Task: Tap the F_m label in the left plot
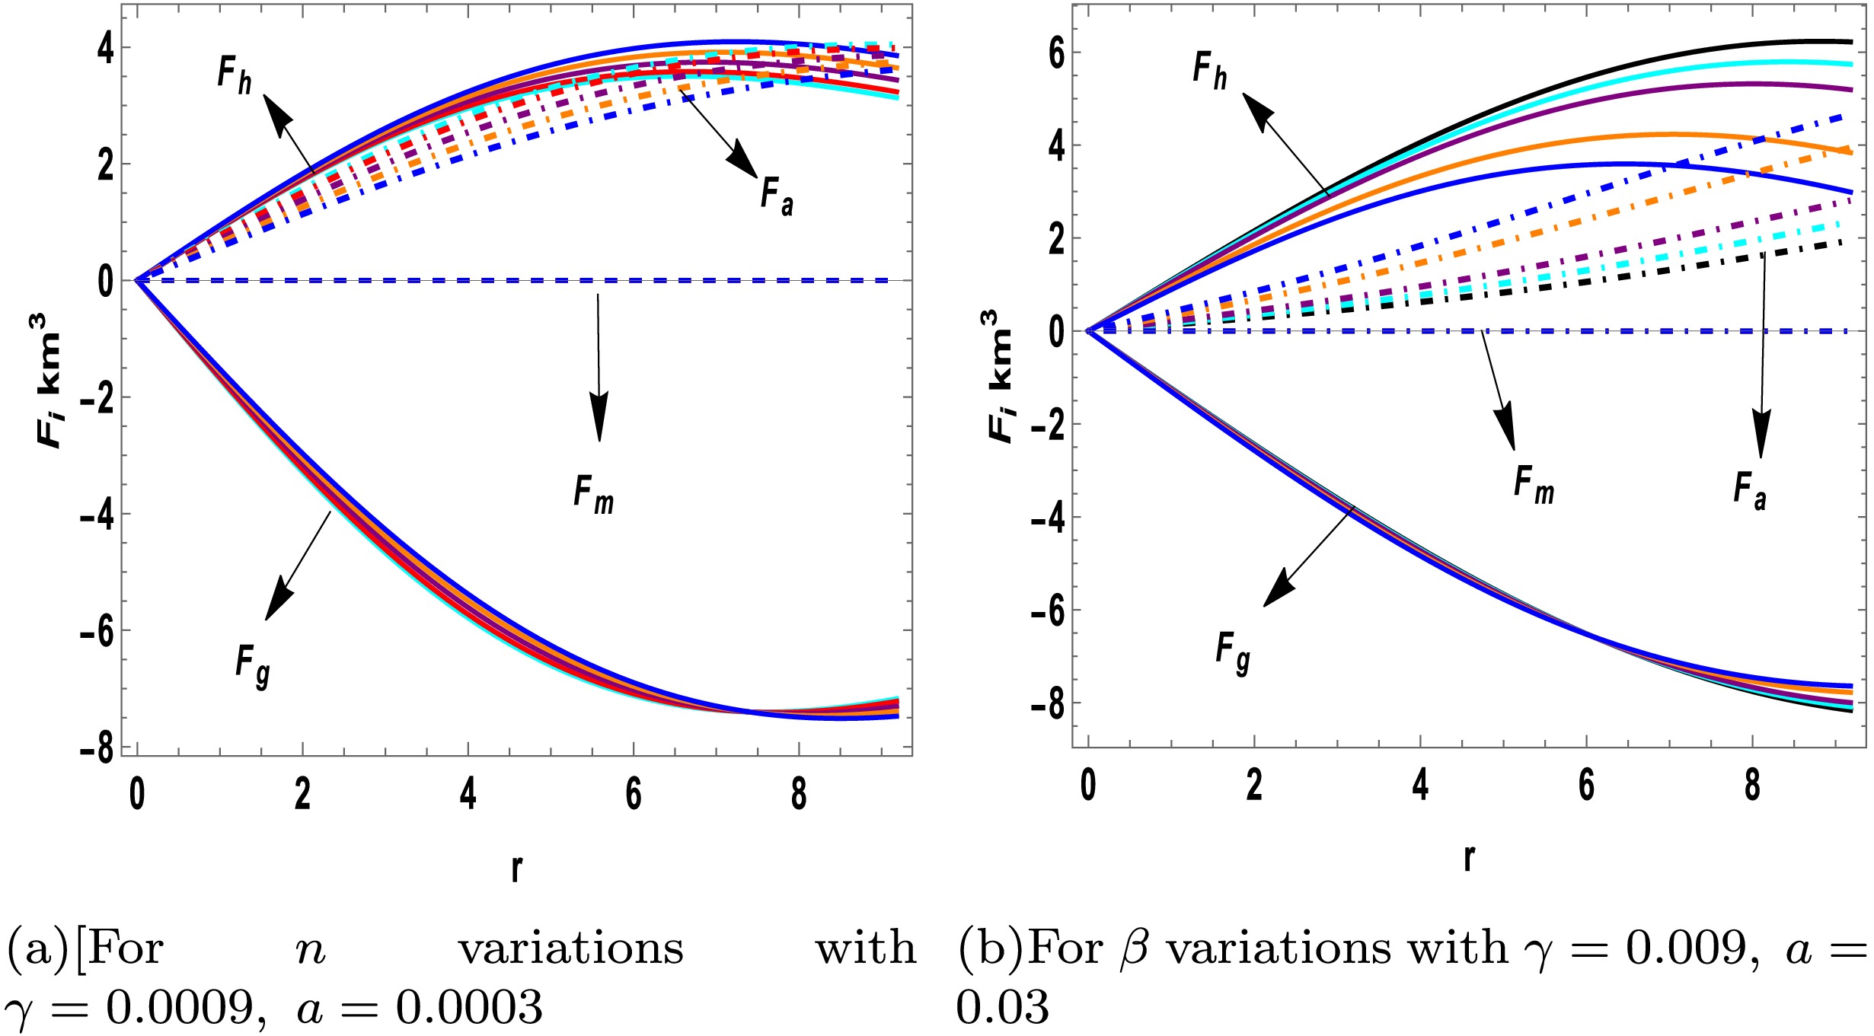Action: point(593,495)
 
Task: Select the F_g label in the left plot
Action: point(252,665)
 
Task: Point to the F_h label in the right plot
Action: point(1209,71)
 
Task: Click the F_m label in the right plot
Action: point(1534,485)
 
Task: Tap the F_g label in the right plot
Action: point(1232,652)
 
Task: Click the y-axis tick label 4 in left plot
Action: point(106,48)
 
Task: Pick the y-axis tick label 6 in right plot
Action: point(1056,53)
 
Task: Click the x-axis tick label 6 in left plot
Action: point(634,794)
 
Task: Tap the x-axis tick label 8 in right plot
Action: point(1752,785)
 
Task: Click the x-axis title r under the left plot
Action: point(517,866)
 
